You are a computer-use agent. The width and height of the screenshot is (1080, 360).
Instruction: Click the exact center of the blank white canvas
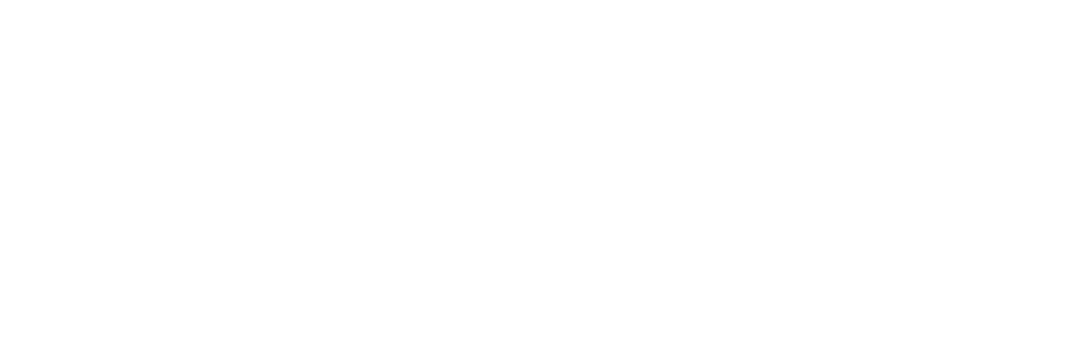coord(540,180)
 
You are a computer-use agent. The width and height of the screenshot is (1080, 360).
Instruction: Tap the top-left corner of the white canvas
coord(0,0)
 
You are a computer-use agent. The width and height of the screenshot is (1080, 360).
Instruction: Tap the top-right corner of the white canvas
coord(1079,0)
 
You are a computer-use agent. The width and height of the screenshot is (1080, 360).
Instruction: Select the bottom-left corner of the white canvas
coord(0,359)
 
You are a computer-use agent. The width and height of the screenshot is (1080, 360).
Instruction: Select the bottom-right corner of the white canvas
coord(1079,359)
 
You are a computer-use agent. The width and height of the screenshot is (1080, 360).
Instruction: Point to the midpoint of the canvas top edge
coord(540,0)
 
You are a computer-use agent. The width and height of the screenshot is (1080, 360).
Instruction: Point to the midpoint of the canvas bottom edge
coord(540,359)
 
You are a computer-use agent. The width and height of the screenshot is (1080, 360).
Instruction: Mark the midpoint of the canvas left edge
coord(0,180)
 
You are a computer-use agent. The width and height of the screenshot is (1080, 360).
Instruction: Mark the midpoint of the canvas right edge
coord(1079,180)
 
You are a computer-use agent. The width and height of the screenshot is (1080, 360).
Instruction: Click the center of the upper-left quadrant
coord(270,90)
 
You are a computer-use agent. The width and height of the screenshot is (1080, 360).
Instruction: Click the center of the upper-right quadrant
coord(810,90)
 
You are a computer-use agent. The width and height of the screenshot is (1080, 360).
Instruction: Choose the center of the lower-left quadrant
coord(270,270)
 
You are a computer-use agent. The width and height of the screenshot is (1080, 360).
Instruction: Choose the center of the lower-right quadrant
coord(810,270)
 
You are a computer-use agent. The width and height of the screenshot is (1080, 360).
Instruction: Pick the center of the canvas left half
coord(270,180)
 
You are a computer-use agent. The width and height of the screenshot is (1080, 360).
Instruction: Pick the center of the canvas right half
coord(810,180)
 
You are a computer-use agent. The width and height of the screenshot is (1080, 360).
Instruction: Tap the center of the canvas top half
coord(540,90)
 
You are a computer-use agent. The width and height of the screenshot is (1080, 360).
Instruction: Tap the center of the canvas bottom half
coord(540,270)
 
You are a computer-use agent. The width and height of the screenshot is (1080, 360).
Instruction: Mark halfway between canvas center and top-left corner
coord(270,90)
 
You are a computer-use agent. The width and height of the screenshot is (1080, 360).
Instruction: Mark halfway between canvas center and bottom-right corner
coord(810,270)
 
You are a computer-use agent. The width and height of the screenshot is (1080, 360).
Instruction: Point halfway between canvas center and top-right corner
coord(810,90)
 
